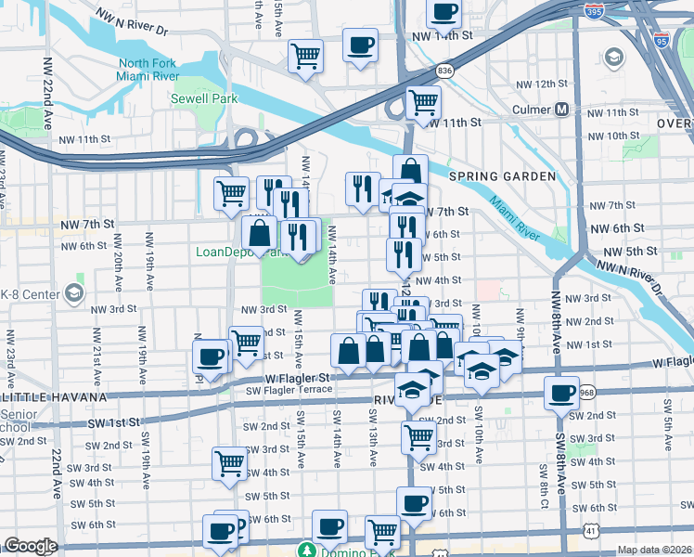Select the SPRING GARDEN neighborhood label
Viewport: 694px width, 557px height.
(502, 176)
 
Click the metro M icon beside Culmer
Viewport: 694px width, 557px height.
(562, 110)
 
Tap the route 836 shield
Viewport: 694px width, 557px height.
(445, 71)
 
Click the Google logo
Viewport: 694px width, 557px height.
(30, 546)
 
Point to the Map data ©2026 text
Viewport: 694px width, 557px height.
(655, 550)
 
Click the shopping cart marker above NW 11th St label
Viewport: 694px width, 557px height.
(423, 100)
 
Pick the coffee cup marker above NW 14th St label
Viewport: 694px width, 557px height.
(443, 12)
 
